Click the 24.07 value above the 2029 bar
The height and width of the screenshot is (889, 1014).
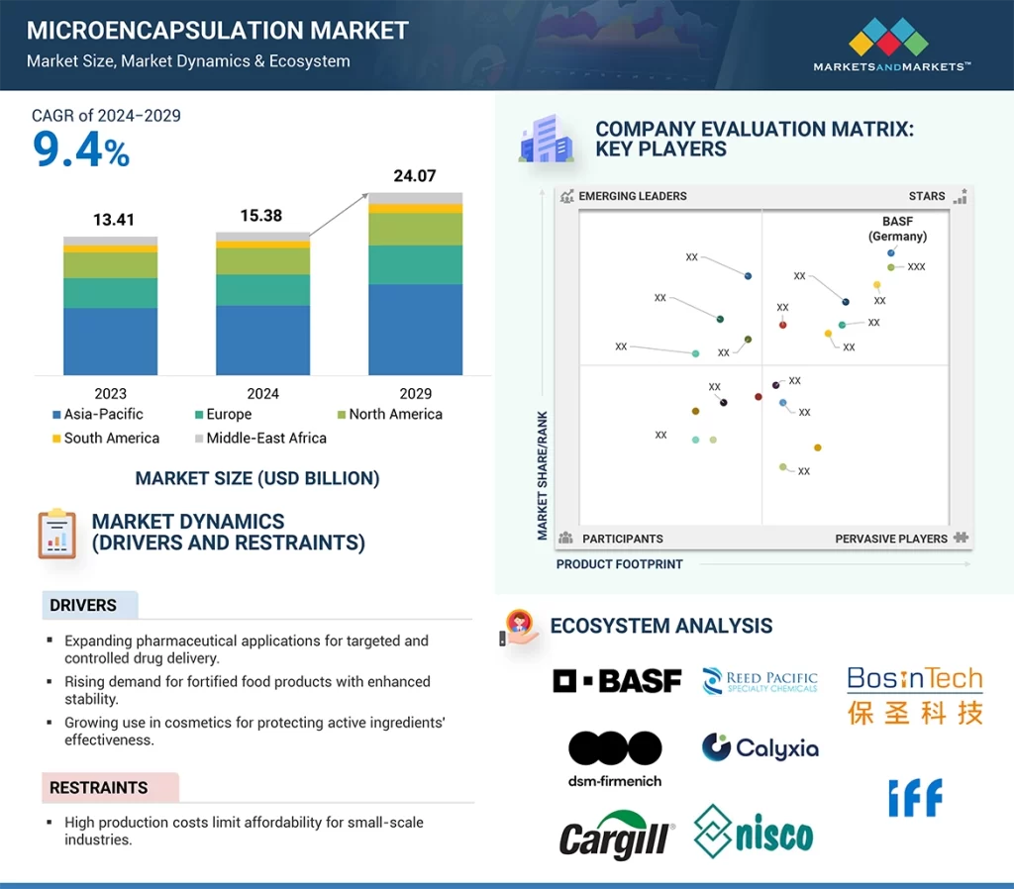click(x=415, y=176)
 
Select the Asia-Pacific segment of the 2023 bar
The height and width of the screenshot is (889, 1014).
click(x=111, y=342)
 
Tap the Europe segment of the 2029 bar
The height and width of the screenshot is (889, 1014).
click(x=415, y=264)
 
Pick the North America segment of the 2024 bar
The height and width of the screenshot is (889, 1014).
click(x=262, y=261)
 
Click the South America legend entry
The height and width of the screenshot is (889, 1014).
click(x=105, y=439)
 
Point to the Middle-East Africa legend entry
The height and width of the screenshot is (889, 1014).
click(x=260, y=439)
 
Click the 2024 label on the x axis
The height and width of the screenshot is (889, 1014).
click(x=262, y=394)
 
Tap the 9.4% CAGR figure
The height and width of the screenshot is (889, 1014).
click(x=81, y=149)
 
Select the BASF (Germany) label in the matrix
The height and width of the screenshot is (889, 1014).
click(x=897, y=229)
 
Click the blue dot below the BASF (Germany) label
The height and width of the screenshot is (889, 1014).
click(x=891, y=252)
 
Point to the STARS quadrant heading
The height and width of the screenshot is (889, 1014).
click(x=927, y=196)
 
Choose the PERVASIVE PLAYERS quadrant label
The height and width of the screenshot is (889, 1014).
click(x=891, y=539)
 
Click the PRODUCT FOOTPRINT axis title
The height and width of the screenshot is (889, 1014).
click(x=620, y=564)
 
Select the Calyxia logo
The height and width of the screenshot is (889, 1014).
click(x=760, y=748)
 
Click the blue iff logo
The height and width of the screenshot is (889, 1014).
click(x=916, y=798)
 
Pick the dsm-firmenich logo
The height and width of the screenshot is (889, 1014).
click(x=615, y=759)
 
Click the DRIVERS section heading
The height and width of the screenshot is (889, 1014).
click(x=83, y=605)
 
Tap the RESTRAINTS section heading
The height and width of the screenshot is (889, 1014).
click(x=98, y=787)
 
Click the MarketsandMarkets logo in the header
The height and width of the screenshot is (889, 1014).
click(x=891, y=45)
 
